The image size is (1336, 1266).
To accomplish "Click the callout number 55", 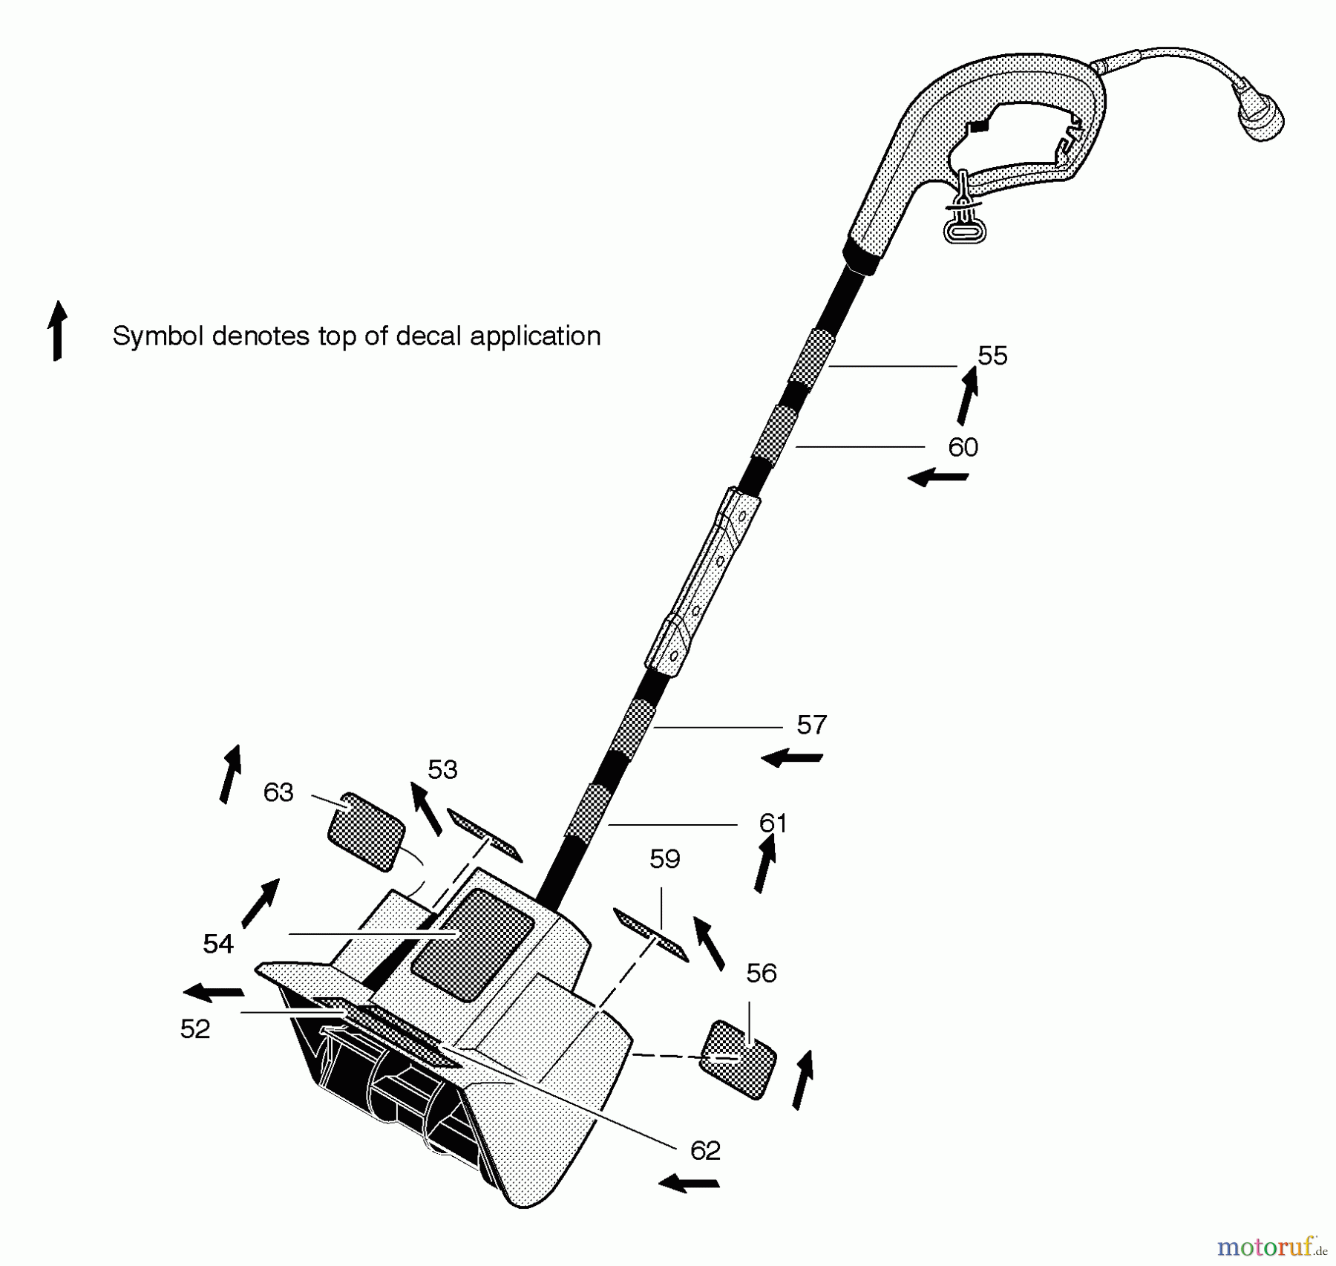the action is click(x=992, y=356).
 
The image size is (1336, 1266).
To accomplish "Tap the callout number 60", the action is click(x=963, y=447).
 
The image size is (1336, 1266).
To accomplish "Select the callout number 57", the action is click(x=811, y=725).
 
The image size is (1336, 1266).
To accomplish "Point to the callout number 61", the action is click(x=773, y=823).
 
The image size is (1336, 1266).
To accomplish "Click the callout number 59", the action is click(x=664, y=858).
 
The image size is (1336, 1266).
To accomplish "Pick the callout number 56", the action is click(x=762, y=973).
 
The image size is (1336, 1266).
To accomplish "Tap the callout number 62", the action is click(x=705, y=1150).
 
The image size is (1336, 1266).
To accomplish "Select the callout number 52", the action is click(x=195, y=1028).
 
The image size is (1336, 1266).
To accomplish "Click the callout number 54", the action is click(x=218, y=944).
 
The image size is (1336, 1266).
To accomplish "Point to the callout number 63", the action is click(x=278, y=792).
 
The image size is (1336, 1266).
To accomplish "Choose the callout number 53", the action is click(x=442, y=769).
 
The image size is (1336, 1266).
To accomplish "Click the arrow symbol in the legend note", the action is click(x=57, y=331).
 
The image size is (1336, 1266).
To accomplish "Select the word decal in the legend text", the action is click(x=429, y=336).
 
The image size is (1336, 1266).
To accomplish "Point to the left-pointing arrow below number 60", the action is click(x=938, y=477).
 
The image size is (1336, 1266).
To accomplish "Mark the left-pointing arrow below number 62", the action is click(x=689, y=1183).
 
